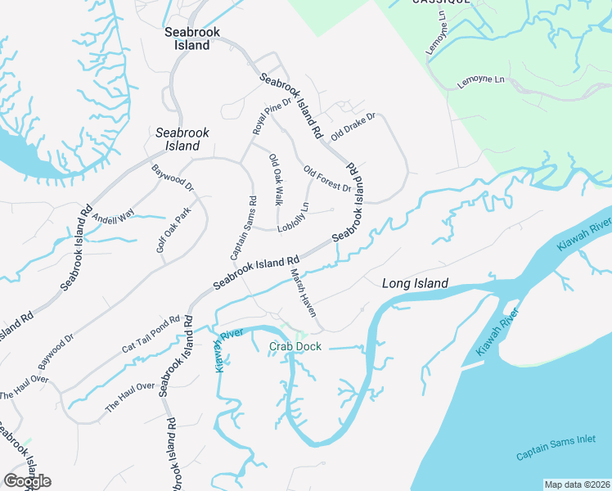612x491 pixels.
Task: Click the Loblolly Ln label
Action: [292, 217]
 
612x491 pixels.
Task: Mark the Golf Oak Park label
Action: [173, 230]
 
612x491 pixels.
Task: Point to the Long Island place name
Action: [416, 283]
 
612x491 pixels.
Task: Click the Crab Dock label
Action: [295, 347]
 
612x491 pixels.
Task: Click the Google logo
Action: [27, 480]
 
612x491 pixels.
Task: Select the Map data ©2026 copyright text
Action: [577, 484]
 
